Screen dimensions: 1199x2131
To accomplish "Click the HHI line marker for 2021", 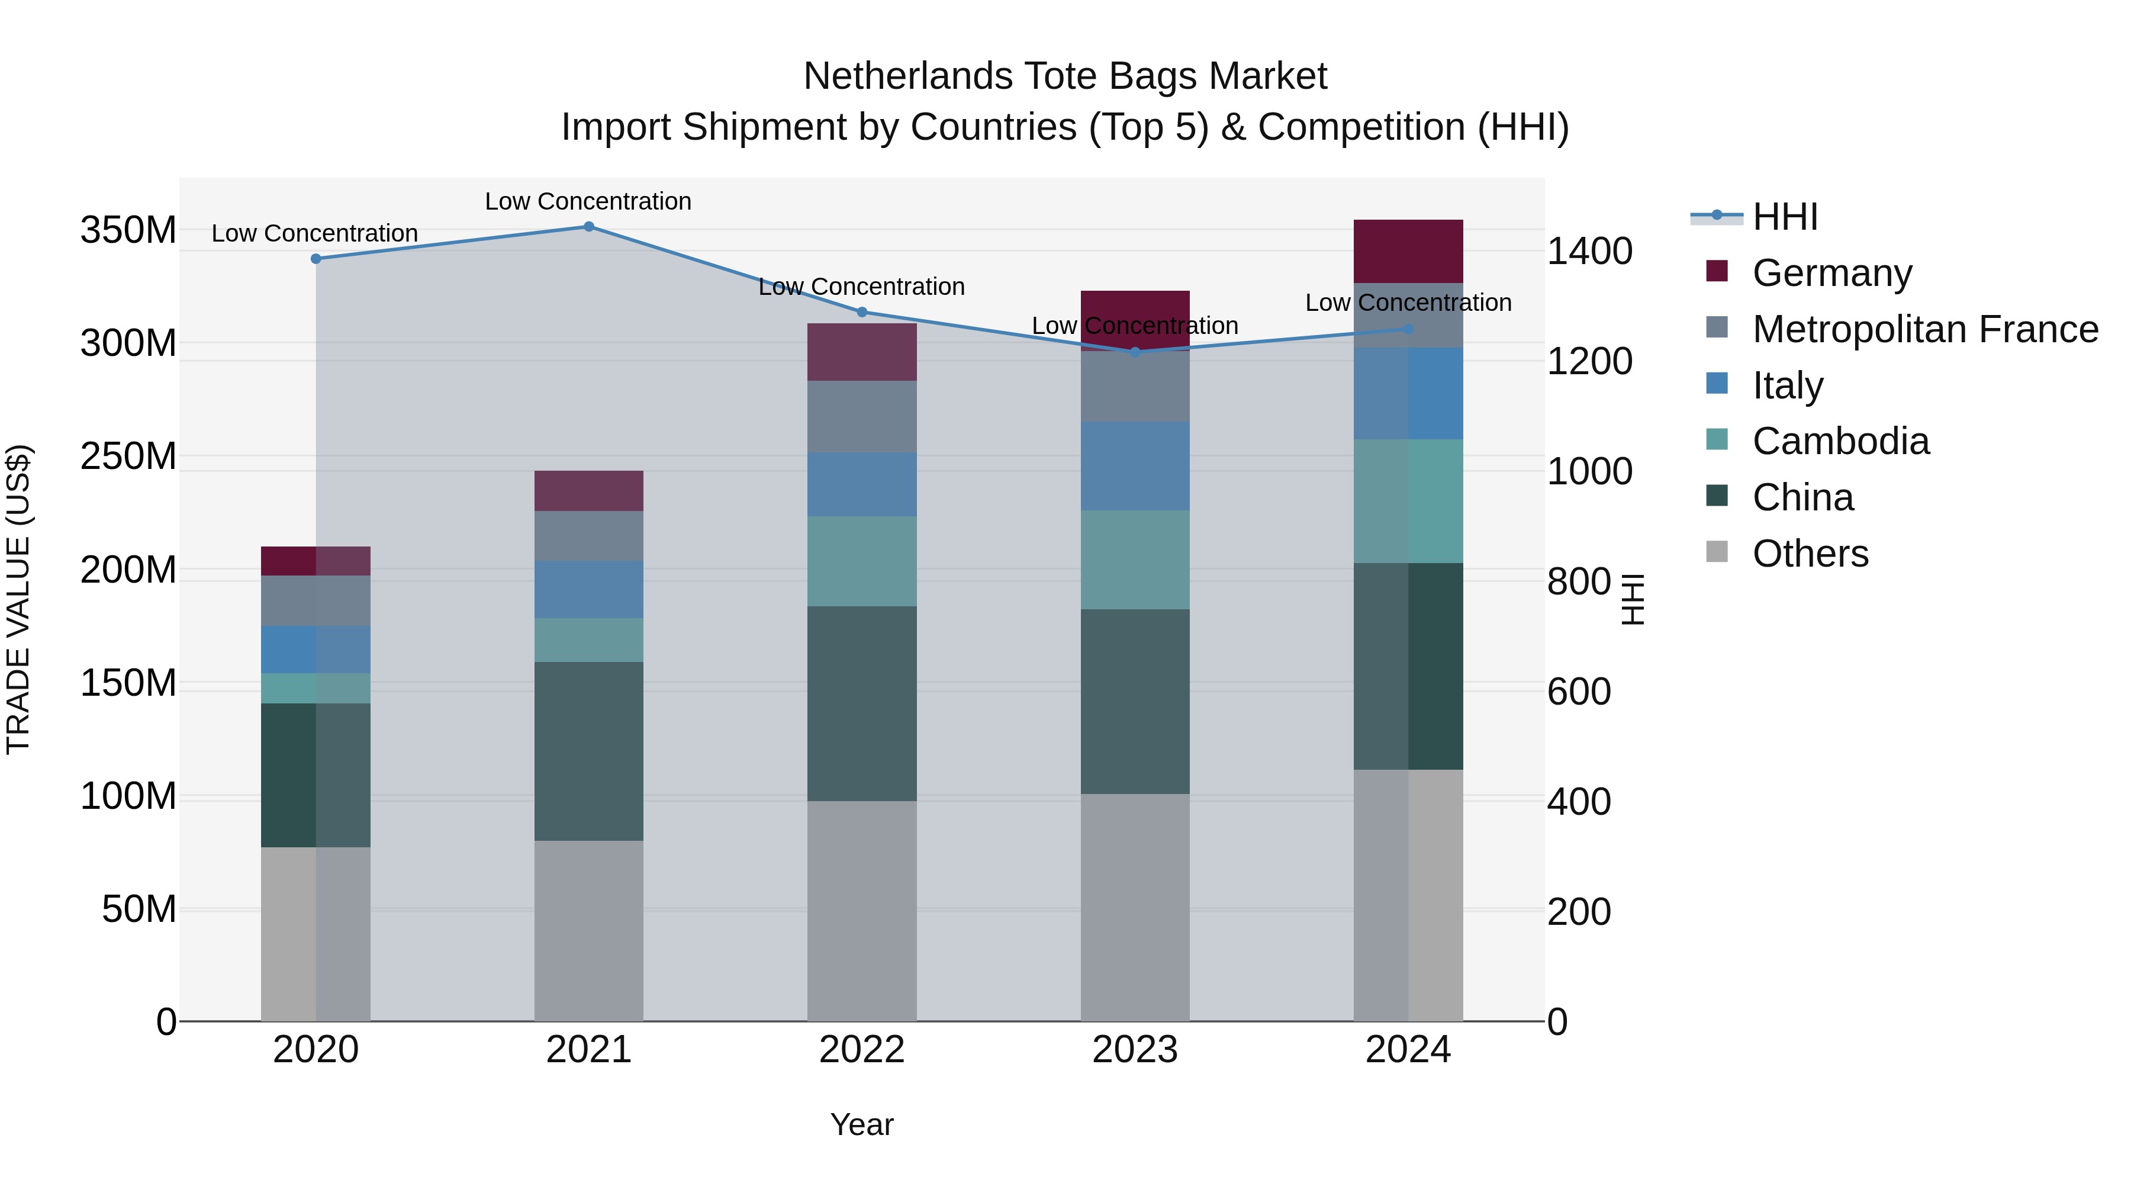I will pos(589,227).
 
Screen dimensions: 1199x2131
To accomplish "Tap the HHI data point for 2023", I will pos(1135,352).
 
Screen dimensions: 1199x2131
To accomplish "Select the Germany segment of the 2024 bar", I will pos(1408,252).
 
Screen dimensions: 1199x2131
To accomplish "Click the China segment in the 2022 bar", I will pos(861,703).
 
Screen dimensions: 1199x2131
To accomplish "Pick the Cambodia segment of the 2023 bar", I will pos(1135,560).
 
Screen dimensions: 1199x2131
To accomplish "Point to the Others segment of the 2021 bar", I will pos(589,931).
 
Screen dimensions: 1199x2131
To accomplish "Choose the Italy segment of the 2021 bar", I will pos(589,590).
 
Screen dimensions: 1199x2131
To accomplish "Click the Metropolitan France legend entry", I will pos(1925,329).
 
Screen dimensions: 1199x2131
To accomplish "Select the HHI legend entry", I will pos(1785,217).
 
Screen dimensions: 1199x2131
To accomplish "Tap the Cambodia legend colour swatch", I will pos(1717,439).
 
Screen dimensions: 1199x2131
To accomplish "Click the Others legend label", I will pos(1810,554).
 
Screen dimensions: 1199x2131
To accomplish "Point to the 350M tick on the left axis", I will pos(128,230).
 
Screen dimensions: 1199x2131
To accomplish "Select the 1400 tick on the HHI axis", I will pos(1589,252).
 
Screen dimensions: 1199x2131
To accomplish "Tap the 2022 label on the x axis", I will pos(861,1050).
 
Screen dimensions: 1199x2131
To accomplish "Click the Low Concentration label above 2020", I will pos(314,233).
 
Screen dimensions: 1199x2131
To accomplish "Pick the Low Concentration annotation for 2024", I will pos(1408,303).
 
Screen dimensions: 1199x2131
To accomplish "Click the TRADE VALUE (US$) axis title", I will pos(18,599).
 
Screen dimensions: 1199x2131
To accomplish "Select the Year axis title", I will pos(861,1124).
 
